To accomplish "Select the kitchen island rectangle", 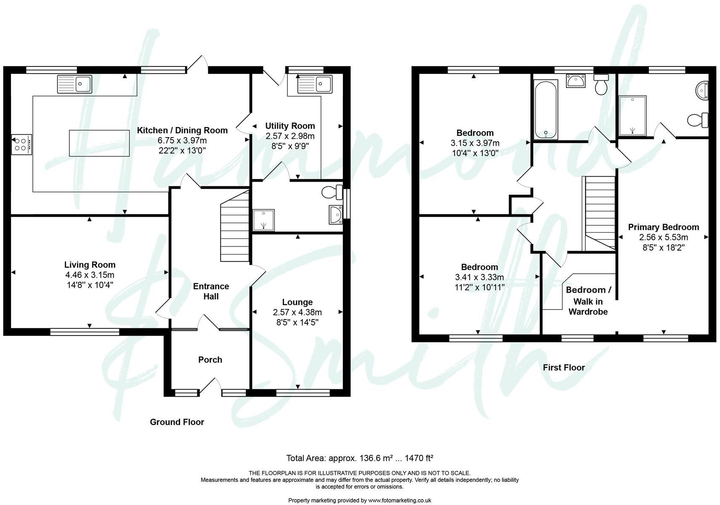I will tap(99, 143).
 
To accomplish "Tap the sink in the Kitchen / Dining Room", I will tap(74, 84).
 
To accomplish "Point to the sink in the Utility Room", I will tap(315, 85).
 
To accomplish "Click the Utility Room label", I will tap(290, 126).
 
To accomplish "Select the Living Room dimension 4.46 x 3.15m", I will tap(89, 275).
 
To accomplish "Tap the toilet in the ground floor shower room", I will tap(332, 193).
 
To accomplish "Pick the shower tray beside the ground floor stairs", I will tap(263, 220).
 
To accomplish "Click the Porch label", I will tap(210, 360).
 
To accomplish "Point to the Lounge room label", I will tap(297, 302).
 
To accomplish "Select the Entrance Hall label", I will tap(211, 291).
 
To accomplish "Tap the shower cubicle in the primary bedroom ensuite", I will tap(632, 116).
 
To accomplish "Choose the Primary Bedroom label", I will tap(663, 227).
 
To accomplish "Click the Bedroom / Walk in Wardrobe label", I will tap(588, 301).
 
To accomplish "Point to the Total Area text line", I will tap(359, 458).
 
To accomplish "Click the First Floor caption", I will tap(563, 368).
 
